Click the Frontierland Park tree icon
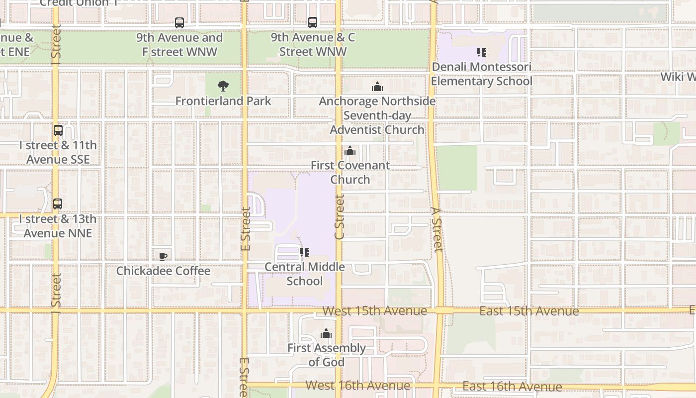(223, 86)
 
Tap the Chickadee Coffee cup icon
(163, 256)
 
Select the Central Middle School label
(305, 274)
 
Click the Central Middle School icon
(305, 252)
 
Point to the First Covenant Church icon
(350, 151)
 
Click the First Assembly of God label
(326, 355)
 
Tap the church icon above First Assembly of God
(326, 333)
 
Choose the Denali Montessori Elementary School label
(481, 74)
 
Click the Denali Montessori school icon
(481, 52)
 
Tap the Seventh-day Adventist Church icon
(377, 87)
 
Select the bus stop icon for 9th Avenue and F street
(179, 23)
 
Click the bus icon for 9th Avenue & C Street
(313, 22)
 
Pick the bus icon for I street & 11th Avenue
(58, 130)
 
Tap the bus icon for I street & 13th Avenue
(58, 204)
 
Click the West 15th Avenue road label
(374, 311)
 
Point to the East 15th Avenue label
(529, 311)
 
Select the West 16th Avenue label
(358, 385)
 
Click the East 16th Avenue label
(512, 386)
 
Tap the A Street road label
(436, 230)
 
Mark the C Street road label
(340, 217)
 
